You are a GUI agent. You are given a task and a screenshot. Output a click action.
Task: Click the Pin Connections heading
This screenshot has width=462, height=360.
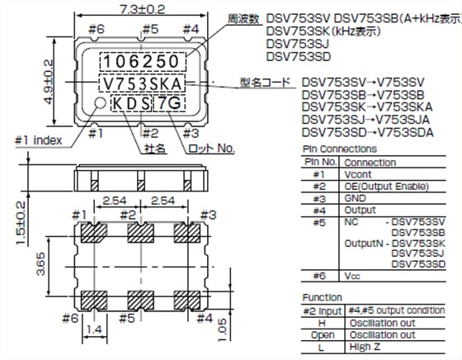tap(329, 150)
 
